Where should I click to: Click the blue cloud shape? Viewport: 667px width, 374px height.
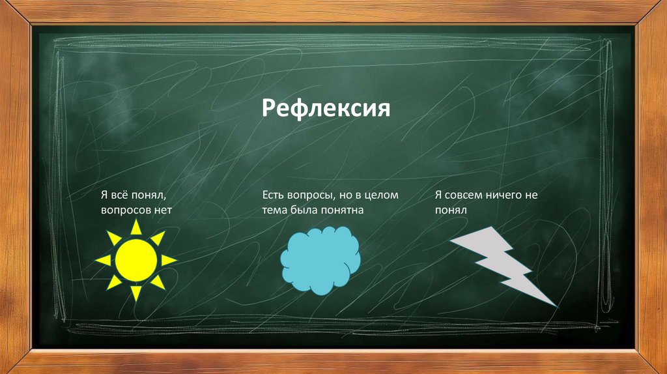pos(320,261)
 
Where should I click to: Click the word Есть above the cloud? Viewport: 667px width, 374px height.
pos(274,195)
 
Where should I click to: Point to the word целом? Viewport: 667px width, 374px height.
pos(382,195)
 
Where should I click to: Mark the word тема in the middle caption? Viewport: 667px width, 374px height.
pos(275,210)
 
